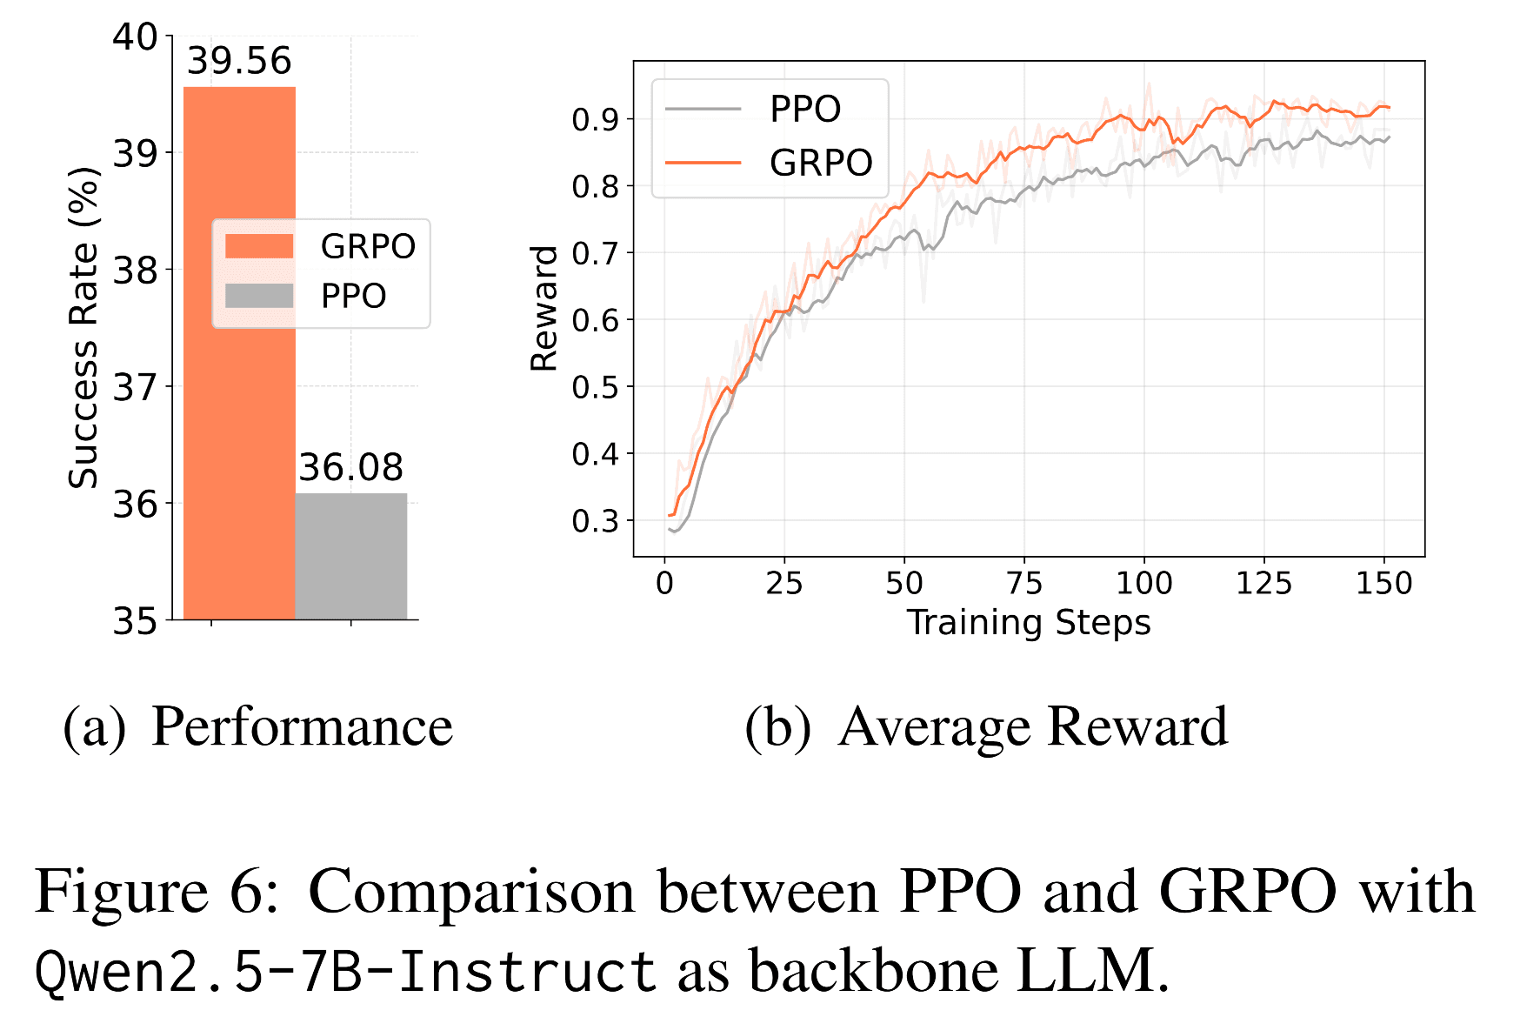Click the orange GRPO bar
(x=239, y=391)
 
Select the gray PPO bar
(x=351, y=557)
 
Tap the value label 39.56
(x=239, y=61)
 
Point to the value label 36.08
(x=351, y=468)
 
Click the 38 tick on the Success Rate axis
(x=135, y=271)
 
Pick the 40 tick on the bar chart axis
(x=135, y=37)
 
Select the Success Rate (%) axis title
(x=83, y=328)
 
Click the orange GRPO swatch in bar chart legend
(x=259, y=246)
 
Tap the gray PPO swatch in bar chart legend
(x=259, y=296)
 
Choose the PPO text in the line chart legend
(x=805, y=110)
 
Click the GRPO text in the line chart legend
(x=821, y=163)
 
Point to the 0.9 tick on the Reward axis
(x=594, y=119)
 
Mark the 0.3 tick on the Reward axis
(x=594, y=521)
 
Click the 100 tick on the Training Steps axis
(x=1143, y=583)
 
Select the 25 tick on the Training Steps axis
(x=783, y=583)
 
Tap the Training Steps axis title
(x=1029, y=623)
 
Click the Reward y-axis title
(x=544, y=308)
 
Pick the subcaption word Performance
(x=302, y=726)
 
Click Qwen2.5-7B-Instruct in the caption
(x=345, y=971)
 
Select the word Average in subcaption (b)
(x=935, y=726)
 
